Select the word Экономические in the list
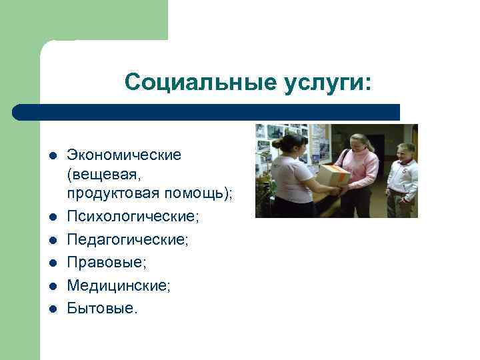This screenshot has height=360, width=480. (x=124, y=155)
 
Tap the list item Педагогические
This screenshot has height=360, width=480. (x=127, y=240)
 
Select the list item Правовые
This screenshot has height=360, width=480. (x=107, y=263)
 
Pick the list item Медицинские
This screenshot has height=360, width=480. (x=119, y=285)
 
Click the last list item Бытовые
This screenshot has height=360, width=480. (x=102, y=308)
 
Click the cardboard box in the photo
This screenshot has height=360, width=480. (x=333, y=175)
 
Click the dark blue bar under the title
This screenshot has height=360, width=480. (x=207, y=112)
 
